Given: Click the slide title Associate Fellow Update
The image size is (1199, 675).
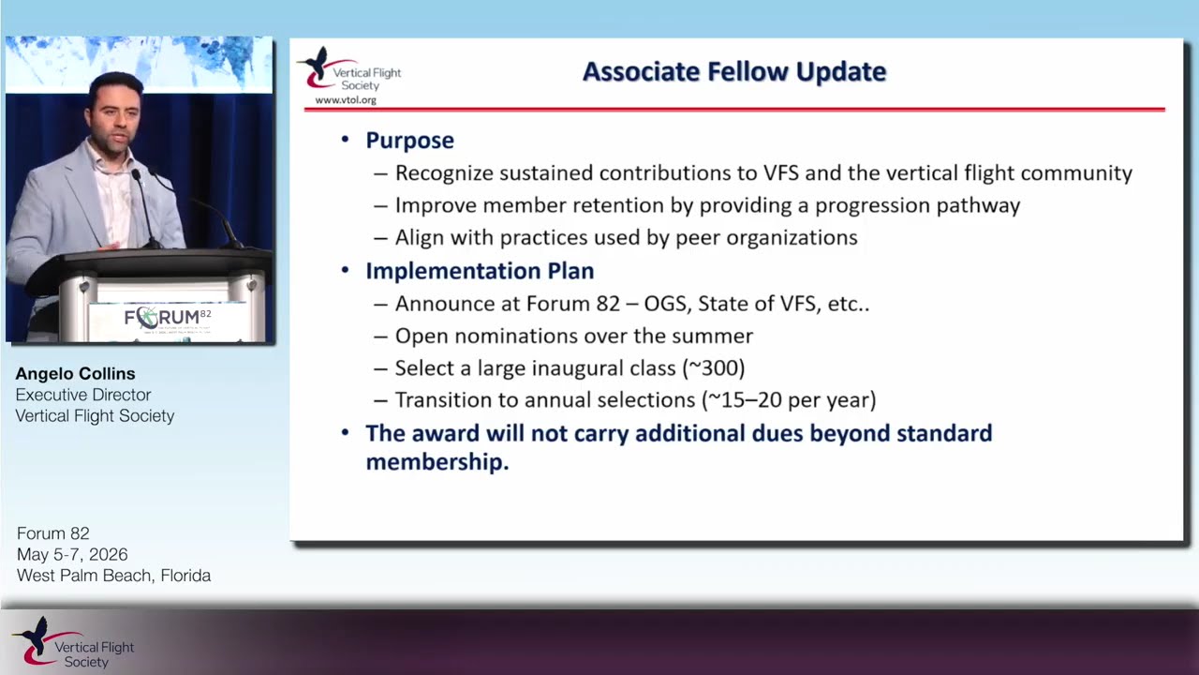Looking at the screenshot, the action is (x=734, y=72).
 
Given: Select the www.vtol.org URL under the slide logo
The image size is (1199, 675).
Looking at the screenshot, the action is (x=346, y=100).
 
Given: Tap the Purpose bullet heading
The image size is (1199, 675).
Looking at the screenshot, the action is (x=410, y=141).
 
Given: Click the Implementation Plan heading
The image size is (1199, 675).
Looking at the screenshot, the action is (x=480, y=271).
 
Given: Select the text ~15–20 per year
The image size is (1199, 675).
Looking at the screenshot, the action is (x=790, y=400).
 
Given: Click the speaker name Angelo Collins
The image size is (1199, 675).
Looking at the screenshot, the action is (x=76, y=373).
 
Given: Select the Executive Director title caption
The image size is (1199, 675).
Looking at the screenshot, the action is (x=83, y=395).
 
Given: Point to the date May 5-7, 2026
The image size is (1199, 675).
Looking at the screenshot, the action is (x=72, y=554).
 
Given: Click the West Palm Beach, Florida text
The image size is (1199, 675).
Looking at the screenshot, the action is (x=113, y=576).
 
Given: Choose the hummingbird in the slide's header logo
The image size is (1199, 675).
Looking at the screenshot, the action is (x=317, y=63).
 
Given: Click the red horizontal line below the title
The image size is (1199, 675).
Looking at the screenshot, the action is (x=734, y=110).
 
